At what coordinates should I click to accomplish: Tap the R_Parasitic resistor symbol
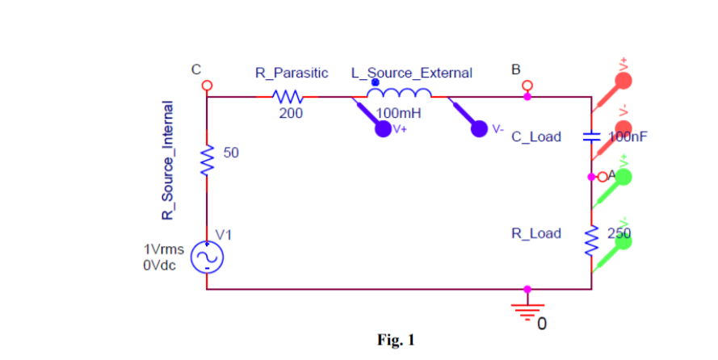(x=288, y=97)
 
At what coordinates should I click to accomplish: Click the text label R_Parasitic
(x=292, y=73)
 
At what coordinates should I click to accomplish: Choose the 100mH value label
(x=393, y=113)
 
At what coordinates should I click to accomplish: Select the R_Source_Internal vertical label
(x=168, y=161)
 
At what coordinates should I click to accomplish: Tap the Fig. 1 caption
(x=395, y=340)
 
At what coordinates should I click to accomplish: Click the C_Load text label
(x=536, y=137)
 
